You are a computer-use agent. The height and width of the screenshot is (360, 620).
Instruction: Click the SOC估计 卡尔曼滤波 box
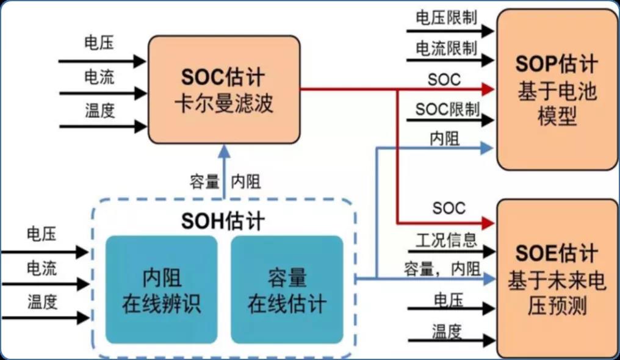tap(224, 89)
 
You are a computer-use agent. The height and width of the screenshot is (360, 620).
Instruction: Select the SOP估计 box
tap(557, 89)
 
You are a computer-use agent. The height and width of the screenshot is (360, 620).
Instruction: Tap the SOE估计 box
tap(557, 278)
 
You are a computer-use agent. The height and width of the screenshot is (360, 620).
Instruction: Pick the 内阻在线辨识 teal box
tap(161, 289)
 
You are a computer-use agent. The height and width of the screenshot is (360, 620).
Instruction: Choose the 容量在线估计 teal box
tap(287, 289)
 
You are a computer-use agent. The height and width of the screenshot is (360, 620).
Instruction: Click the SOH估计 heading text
tap(223, 221)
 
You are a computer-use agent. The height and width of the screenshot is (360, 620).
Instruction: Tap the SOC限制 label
tap(447, 109)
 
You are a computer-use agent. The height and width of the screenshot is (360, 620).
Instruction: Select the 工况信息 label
tap(447, 239)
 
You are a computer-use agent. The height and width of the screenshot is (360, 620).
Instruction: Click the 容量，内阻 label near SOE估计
tap(442, 268)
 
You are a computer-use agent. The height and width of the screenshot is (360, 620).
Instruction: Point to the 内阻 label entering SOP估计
tap(444, 139)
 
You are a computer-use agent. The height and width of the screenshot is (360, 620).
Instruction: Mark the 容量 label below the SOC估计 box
tap(204, 182)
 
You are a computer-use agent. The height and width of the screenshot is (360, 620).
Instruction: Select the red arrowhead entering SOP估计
tap(487, 90)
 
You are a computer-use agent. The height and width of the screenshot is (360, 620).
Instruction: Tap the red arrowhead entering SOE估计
tap(487, 221)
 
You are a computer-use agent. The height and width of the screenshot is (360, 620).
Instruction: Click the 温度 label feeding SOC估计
tap(99, 112)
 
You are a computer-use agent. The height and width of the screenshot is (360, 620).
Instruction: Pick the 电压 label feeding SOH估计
tap(41, 234)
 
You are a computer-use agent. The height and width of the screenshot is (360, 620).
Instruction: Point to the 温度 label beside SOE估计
tap(447, 331)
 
